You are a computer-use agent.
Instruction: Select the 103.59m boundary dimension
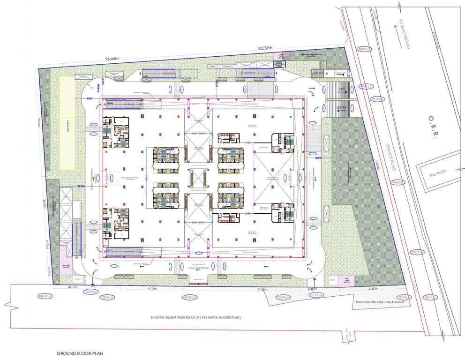coord(265,48)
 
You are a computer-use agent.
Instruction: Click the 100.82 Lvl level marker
coord(46,296)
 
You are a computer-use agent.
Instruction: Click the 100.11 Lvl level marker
coord(430,297)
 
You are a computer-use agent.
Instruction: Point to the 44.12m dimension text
coord(73,287)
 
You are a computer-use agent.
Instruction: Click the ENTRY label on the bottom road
coord(313,289)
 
